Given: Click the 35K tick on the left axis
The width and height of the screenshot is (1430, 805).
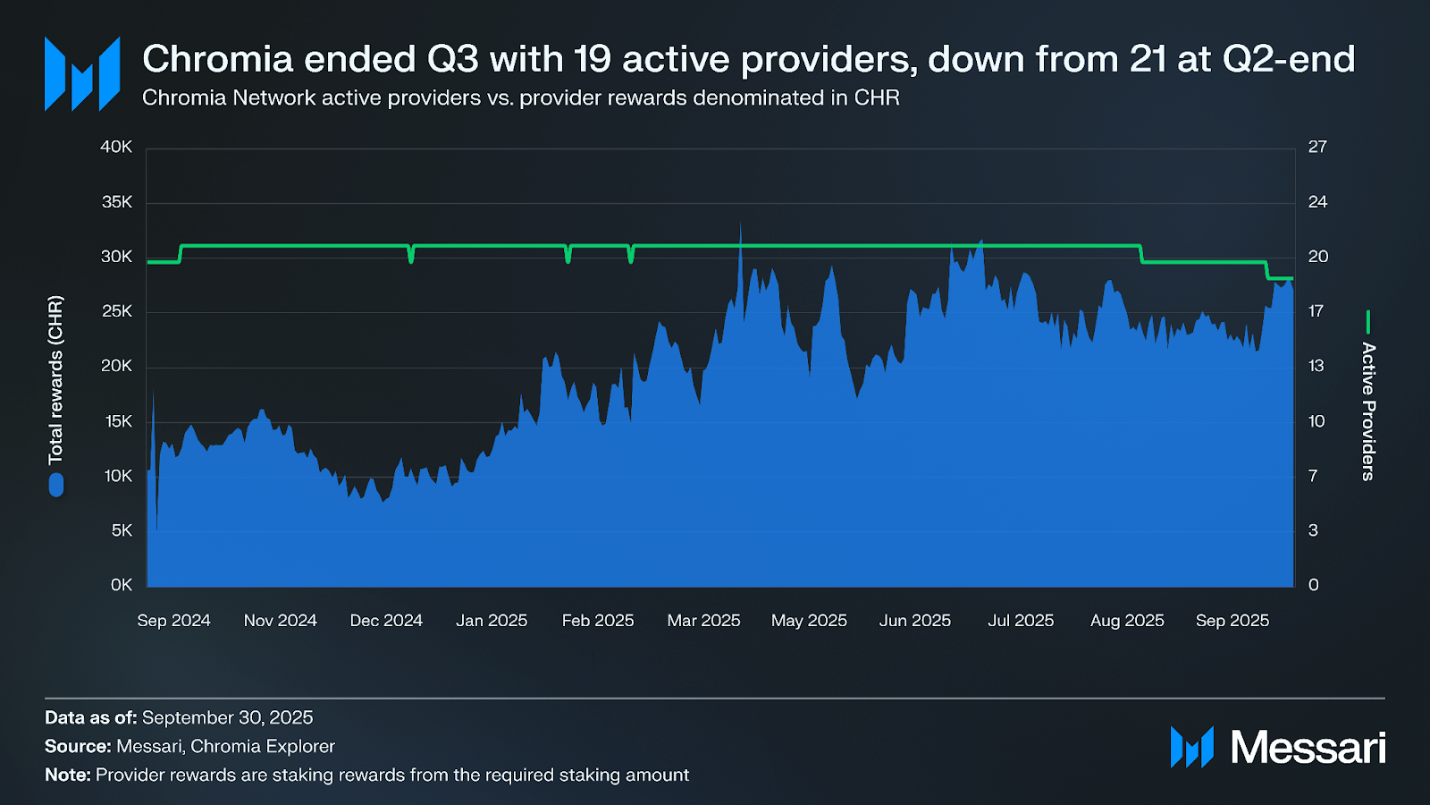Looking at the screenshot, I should click(116, 202).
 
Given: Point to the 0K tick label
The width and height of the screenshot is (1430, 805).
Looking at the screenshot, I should click(122, 585).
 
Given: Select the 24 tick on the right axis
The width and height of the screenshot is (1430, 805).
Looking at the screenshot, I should click(1317, 202).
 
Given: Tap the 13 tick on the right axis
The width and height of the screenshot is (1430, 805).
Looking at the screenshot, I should click(1316, 366).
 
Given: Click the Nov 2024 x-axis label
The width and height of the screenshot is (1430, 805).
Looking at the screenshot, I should click(280, 621).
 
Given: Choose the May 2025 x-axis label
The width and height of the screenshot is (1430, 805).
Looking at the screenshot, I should click(809, 621).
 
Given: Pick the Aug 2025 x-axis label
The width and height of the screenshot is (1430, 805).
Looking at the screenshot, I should click(1127, 621).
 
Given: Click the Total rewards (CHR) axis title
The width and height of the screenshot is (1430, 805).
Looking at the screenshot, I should click(56, 380).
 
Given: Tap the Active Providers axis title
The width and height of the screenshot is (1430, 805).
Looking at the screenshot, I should click(1368, 411).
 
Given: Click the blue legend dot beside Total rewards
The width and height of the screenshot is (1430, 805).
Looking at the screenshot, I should click(56, 485).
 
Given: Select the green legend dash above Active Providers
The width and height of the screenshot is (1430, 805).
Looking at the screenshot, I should click(1368, 322).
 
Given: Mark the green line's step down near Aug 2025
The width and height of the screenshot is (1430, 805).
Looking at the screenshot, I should click(1142, 255).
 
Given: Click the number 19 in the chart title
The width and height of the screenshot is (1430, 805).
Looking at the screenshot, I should click(592, 60).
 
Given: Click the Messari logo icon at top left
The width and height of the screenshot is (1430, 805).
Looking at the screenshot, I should click(82, 73).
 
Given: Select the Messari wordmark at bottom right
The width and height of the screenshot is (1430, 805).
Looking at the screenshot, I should click(1308, 747).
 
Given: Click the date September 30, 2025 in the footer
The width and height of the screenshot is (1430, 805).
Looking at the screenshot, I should click(227, 717).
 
